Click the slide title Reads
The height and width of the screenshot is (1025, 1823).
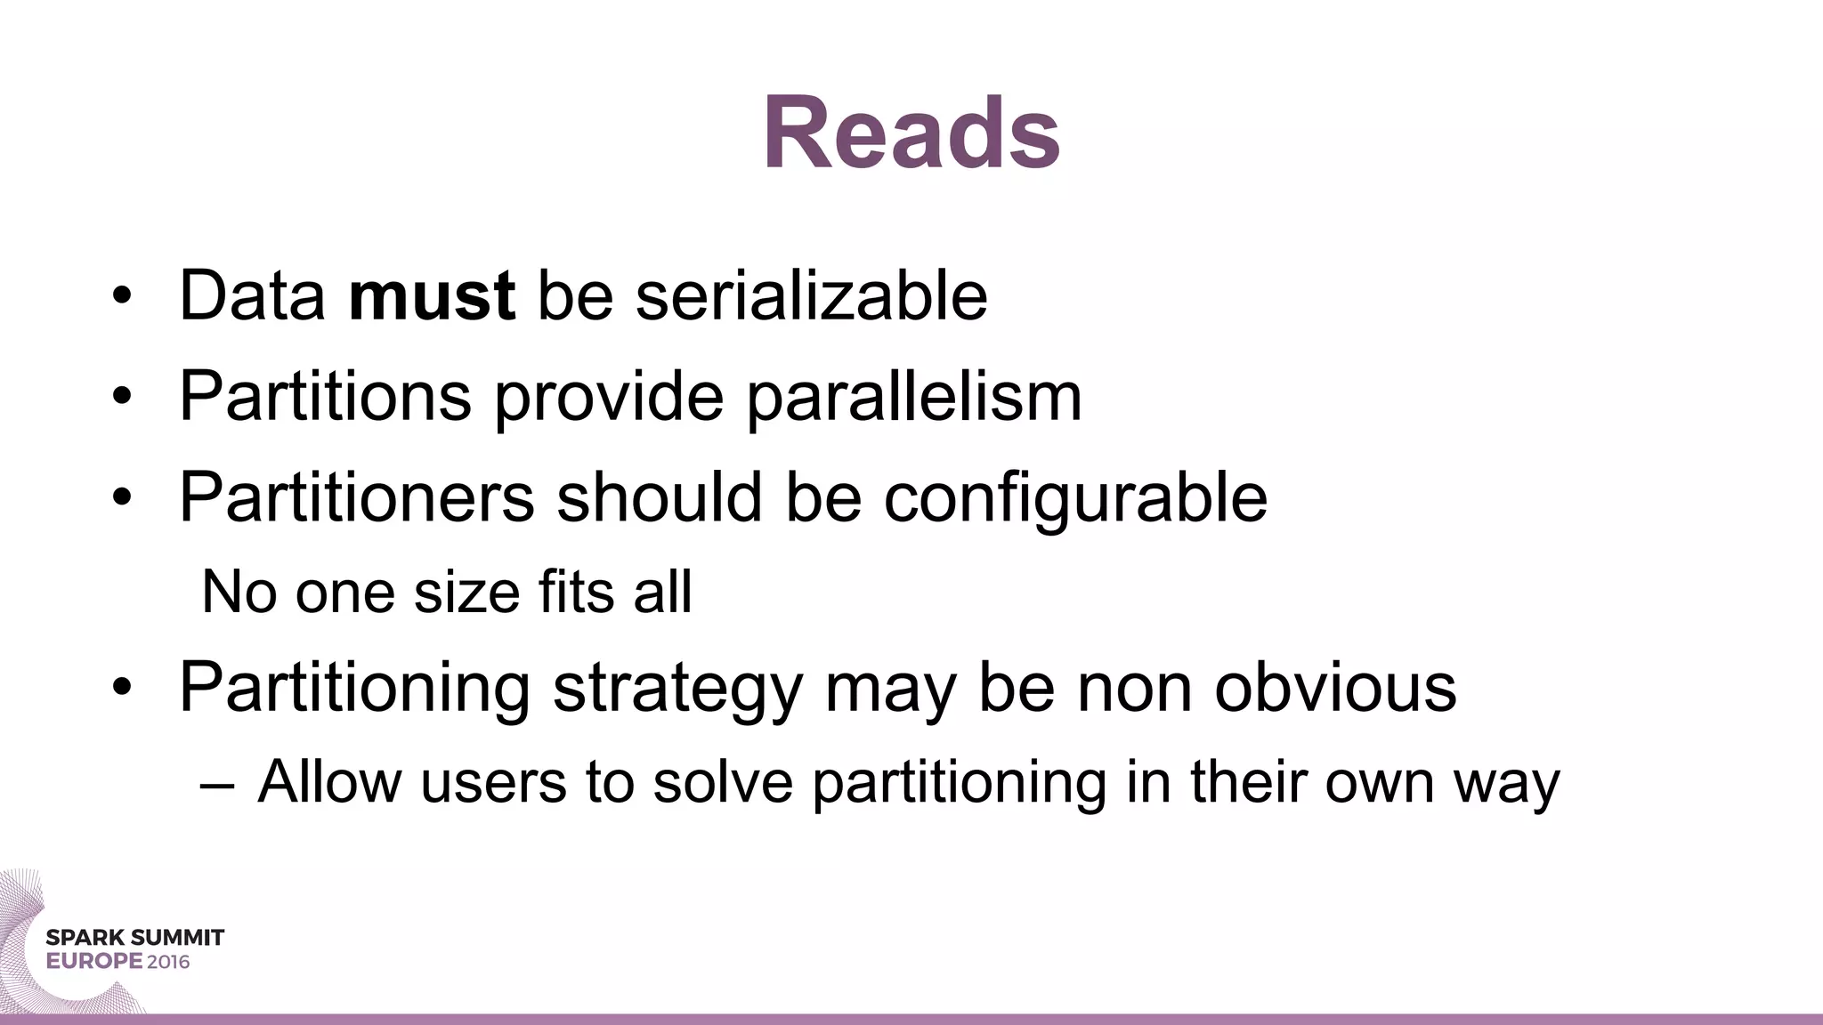tap(911, 133)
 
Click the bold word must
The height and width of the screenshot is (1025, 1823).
tap(431, 295)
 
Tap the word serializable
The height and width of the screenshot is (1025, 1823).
tap(811, 295)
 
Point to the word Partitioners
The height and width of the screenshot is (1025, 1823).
tap(356, 496)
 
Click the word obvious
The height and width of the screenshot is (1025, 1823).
tap(1335, 687)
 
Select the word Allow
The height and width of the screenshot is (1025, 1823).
tap(329, 782)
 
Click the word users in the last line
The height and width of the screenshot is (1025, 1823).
tap(493, 783)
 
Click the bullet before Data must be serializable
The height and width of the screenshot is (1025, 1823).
tap(122, 296)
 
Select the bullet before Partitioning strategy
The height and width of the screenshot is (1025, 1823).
tap(122, 688)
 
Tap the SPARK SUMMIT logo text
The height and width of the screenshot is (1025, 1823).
tap(134, 937)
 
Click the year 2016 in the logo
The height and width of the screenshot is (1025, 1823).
tap(168, 962)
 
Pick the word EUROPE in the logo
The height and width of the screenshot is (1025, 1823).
tap(94, 962)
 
